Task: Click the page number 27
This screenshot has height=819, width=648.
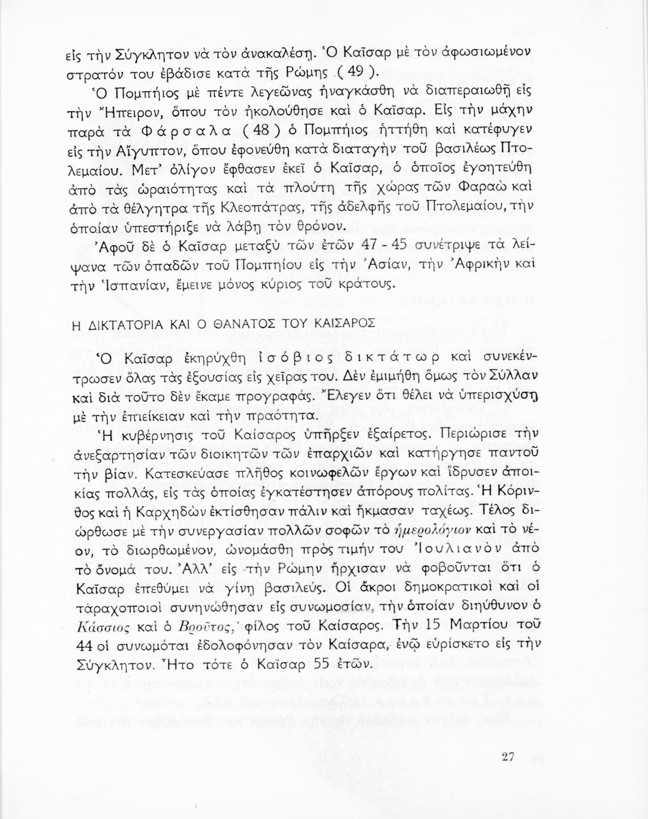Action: [x=508, y=757]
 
